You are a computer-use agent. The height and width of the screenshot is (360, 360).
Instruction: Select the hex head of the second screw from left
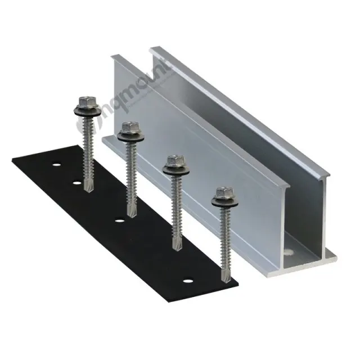point(128,129)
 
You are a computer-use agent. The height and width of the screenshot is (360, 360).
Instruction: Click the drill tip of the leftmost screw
point(87,188)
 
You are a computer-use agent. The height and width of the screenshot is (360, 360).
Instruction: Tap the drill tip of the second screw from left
point(132,214)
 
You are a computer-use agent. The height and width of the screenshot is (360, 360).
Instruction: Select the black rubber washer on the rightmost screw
point(221,203)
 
